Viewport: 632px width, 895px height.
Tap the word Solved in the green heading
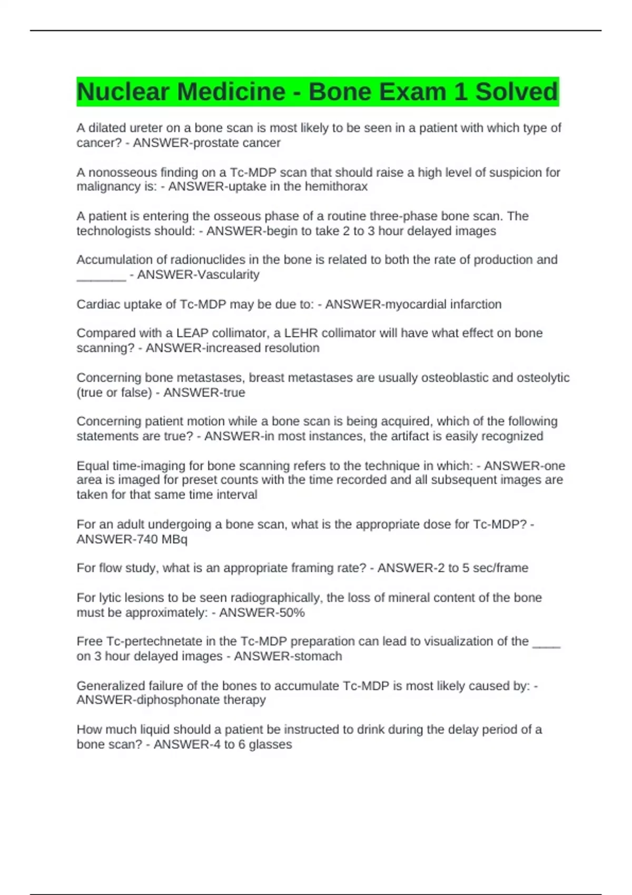point(516,92)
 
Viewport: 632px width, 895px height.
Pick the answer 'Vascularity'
point(229,275)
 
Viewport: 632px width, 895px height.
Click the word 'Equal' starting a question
point(93,466)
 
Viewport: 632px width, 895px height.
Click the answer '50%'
point(292,613)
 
